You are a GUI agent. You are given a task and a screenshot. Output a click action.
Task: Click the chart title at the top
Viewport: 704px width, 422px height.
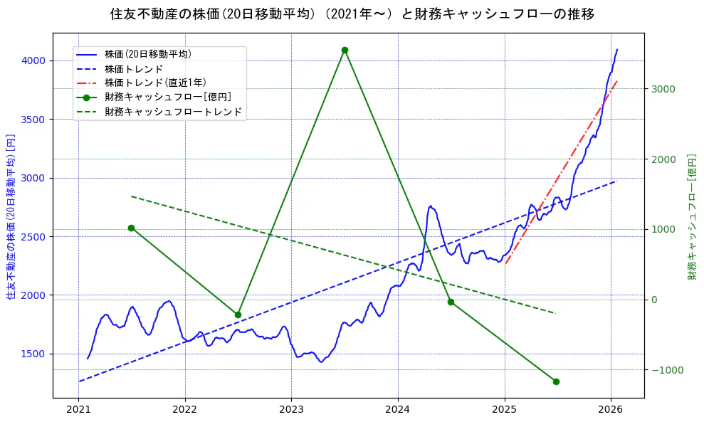[352, 14]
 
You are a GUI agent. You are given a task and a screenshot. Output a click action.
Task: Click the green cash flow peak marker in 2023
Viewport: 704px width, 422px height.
[345, 51]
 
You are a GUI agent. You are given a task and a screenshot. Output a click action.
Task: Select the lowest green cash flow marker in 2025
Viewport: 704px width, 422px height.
[556, 381]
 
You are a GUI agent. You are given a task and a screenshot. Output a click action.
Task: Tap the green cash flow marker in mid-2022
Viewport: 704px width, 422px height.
[238, 315]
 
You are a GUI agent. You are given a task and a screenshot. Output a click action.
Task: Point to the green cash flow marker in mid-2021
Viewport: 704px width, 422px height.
[131, 228]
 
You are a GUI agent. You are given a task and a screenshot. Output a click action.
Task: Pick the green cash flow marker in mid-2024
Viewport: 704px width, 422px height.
[451, 302]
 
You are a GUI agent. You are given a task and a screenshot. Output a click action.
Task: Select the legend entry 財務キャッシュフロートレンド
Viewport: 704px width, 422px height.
[173, 112]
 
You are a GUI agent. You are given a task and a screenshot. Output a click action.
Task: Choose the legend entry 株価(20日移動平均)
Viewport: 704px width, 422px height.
[147, 53]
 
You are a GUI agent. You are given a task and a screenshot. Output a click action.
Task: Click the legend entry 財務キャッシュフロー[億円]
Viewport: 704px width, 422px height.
[167, 97]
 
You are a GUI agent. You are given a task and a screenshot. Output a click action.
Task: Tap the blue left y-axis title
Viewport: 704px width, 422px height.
[11, 216]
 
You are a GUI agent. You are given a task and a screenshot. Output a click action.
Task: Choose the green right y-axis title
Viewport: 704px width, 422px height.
[692, 216]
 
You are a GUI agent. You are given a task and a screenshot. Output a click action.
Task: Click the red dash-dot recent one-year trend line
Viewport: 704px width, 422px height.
[562, 170]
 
